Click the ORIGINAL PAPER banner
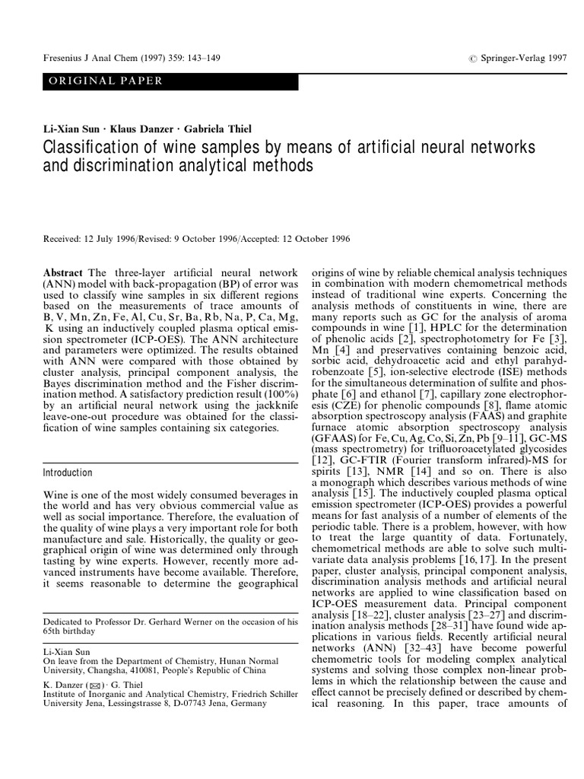[106, 81]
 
